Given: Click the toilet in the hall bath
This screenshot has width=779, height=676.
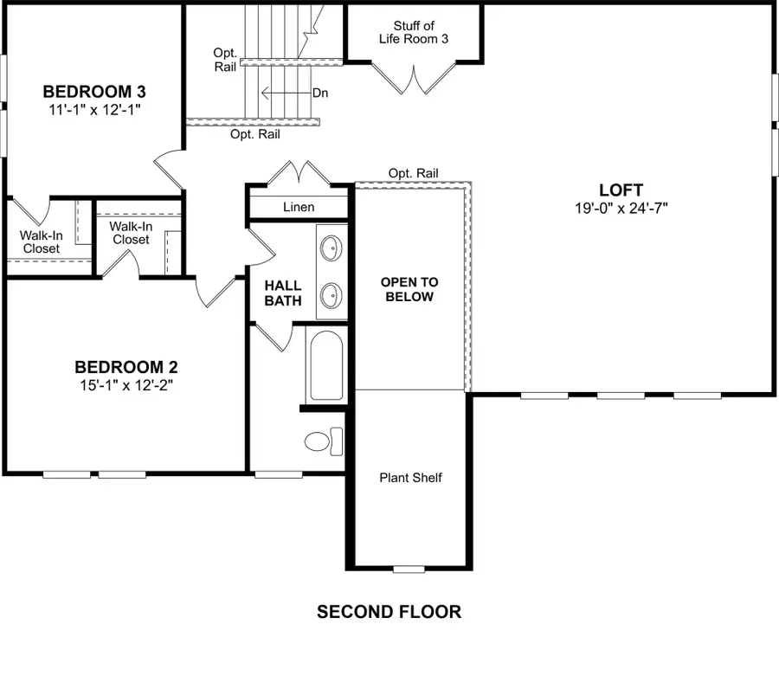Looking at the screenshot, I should pos(324,440).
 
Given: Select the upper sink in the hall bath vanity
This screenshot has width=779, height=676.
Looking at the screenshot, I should pos(330,249).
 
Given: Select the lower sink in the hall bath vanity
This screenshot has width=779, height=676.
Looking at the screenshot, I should pos(330,296).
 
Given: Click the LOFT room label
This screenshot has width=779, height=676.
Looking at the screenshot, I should pos(621,190).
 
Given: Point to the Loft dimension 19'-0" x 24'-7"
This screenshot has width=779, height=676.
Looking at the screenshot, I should pos(621,208).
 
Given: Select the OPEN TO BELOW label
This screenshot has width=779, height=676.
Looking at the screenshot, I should pos(409,289).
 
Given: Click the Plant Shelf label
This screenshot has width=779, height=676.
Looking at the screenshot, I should pos(410,477).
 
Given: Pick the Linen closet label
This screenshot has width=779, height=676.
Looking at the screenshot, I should pos(299,207).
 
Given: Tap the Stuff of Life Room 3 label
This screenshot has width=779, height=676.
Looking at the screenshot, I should pos(413,33).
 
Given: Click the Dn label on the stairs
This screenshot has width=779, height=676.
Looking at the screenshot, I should pos(319,93).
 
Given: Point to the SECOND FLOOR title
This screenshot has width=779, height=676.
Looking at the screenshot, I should pos(389,612).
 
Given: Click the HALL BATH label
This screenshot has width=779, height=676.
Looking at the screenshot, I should pos(283,293).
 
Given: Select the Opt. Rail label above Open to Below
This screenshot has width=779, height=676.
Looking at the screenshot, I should pos(413,173).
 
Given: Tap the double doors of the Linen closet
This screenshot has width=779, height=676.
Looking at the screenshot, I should pos(298,172).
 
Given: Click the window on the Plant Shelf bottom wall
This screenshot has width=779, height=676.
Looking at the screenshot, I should pos(409,569).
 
